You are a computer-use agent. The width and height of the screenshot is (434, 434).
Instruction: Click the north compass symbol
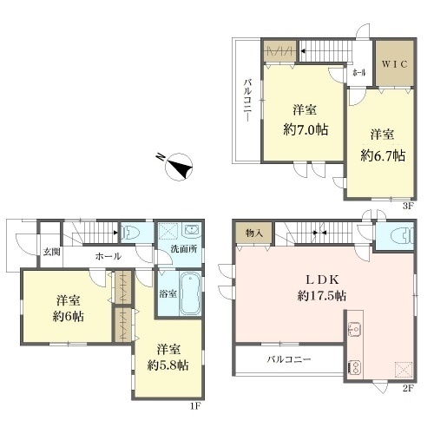pyautogui.click(x=179, y=167)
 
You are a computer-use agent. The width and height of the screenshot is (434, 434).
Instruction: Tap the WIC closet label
pyautogui.click(x=395, y=64)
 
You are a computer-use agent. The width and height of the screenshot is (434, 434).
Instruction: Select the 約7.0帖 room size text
pyautogui.click(x=306, y=129)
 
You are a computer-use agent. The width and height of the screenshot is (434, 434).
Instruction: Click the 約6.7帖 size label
pyautogui.click(x=383, y=156)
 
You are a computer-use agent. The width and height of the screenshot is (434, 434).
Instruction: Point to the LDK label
pyautogui.click(x=322, y=279)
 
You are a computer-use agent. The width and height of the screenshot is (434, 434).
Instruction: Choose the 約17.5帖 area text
pyautogui.click(x=322, y=296)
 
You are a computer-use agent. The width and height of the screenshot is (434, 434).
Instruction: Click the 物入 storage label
pyautogui.click(x=254, y=233)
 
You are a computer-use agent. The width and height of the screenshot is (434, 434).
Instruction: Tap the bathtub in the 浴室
pyautogui.click(x=190, y=293)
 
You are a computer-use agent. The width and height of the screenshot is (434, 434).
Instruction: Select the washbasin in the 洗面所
pyautogui.click(x=191, y=230)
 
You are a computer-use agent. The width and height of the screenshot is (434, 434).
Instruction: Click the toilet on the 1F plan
pyautogui.click(x=130, y=233)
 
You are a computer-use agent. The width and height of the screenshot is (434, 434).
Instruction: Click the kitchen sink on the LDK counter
pyautogui.click(x=354, y=329)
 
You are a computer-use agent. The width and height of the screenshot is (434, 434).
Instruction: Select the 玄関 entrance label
pyautogui.click(x=52, y=252)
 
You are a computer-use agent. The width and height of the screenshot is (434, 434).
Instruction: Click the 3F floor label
pyautogui.click(x=407, y=207)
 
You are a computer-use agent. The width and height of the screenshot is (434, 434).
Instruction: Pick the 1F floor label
pyautogui.click(x=195, y=406)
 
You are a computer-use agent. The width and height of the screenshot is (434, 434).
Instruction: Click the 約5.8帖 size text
pyautogui.click(x=168, y=365)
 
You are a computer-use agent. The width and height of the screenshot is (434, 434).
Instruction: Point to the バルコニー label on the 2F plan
pyautogui.click(x=289, y=359)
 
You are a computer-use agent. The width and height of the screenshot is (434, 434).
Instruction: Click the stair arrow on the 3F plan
pyautogui.click(x=303, y=51)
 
